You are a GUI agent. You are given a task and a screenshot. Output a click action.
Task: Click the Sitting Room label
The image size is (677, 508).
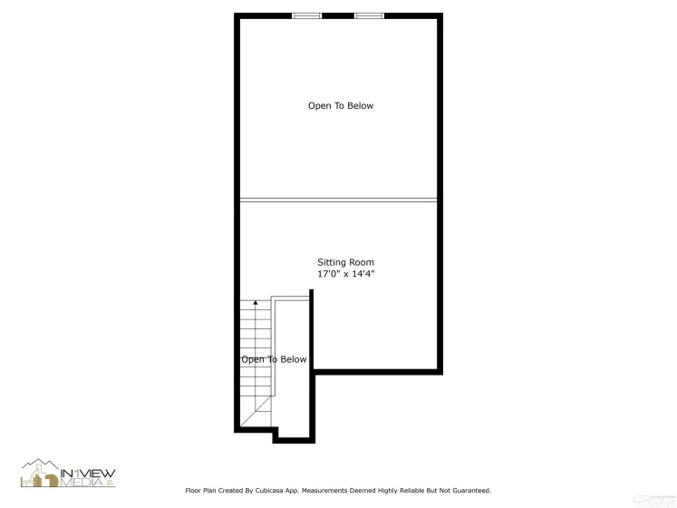(345, 262)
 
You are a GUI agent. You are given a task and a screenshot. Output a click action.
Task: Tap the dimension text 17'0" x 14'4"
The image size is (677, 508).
(345, 273)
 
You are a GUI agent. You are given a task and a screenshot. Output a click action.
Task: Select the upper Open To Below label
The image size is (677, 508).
(340, 106)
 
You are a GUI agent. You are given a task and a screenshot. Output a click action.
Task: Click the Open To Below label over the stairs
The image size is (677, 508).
(274, 359)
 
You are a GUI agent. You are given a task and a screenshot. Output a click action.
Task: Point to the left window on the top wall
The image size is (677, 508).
(306, 15)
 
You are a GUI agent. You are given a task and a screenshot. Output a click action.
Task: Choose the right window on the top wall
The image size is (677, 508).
(368, 15)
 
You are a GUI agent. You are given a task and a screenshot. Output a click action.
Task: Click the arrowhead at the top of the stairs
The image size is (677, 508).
(255, 302)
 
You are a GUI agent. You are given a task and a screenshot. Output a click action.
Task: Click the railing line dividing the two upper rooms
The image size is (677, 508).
(338, 200)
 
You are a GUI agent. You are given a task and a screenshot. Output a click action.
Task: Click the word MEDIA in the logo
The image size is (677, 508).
(82, 481)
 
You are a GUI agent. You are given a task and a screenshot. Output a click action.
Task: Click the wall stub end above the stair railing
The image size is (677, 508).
(312, 292)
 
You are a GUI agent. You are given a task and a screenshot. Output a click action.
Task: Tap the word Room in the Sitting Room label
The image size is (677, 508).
(361, 262)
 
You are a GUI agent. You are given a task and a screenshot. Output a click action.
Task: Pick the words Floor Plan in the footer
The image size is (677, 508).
(202, 490)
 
